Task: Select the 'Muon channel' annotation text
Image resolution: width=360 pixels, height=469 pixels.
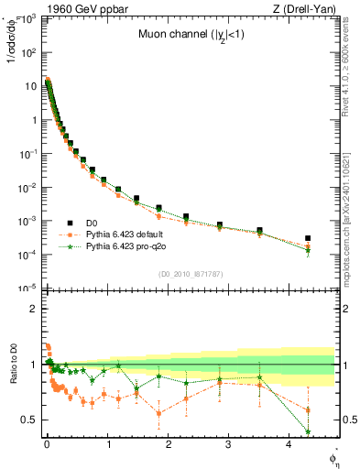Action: click(190, 37)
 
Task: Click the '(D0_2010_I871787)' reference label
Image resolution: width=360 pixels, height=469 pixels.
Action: click(190, 274)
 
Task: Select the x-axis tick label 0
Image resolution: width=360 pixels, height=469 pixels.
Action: click(47, 451)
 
